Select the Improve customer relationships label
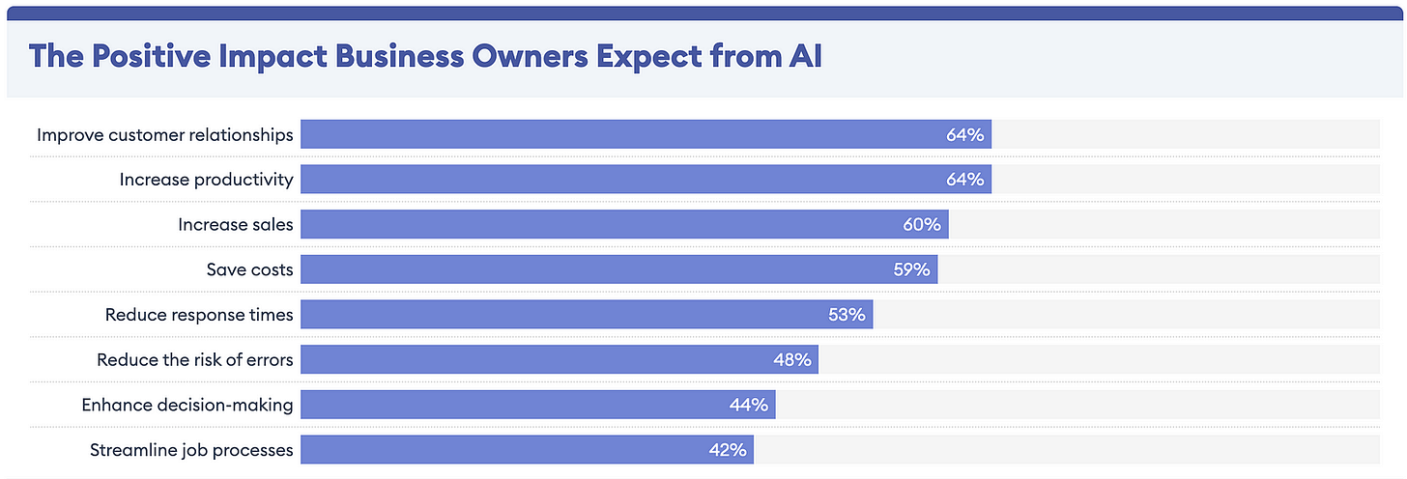164,134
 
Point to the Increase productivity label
206,179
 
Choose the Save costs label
249,269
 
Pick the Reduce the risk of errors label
194,359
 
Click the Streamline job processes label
190,449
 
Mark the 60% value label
921,224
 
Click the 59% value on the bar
910,269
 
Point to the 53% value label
846,314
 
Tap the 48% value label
791,359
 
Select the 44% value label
748,405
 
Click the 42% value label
727,449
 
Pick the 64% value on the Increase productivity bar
964,179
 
